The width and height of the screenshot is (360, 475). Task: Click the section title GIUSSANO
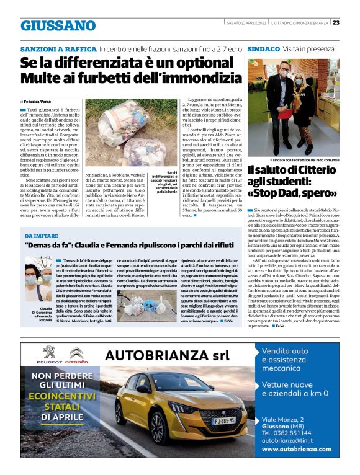coord(58,25)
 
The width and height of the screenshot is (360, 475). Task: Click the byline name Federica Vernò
coord(40,100)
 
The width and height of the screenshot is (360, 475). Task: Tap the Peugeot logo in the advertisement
coord(45,355)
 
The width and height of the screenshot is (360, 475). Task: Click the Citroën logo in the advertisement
coord(77,355)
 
